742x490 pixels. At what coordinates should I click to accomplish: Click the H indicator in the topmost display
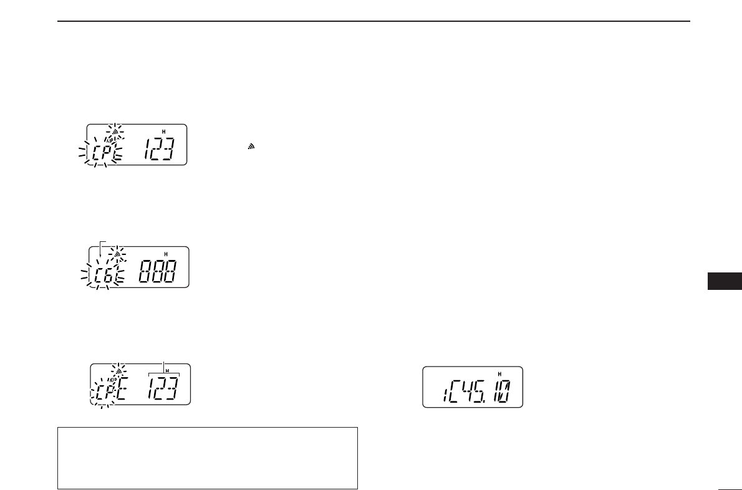[163, 132]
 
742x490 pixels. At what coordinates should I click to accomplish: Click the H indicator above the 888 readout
[166, 254]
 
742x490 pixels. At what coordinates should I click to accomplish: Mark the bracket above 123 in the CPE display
[163, 372]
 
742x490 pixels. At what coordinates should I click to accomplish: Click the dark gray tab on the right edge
[723, 281]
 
